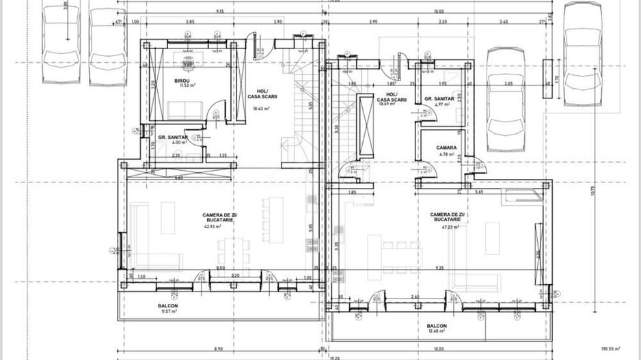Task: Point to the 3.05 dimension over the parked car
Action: pyautogui.click(x=508, y=83)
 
